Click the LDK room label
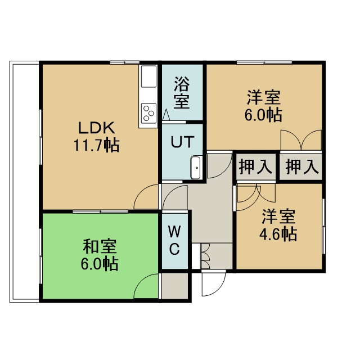tap(97, 128)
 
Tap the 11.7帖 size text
tap(96, 145)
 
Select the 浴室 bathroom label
tap(181, 92)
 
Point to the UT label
tap(182, 142)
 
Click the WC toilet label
tap(174, 240)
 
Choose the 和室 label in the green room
tap(100, 246)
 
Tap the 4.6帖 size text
tap(278, 234)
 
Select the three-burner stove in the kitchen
tap(148, 113)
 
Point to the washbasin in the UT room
tap(196, 168)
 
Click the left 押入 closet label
tap(255, 166)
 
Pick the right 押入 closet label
tap(302, 166)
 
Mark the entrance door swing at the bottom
tap(214, 284)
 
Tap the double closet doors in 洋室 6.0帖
tap(301, 140)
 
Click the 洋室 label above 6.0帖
tap(264, 97)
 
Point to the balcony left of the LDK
tap(24, 182)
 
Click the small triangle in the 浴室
tap(166, 114)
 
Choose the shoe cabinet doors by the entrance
tap(205, 256)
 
